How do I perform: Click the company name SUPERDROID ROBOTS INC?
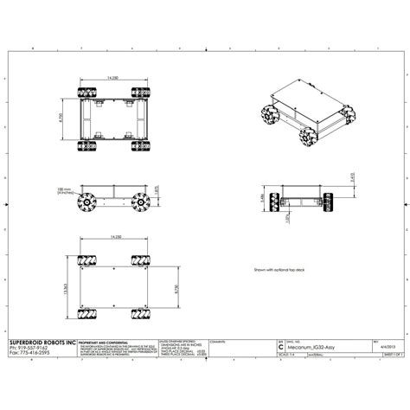click(x=35, y=342)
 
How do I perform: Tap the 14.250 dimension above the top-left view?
click(x=113, y=79)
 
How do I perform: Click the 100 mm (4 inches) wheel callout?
click(x=63, y=193)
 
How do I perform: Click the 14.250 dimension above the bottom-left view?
click(x=115, y=236)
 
